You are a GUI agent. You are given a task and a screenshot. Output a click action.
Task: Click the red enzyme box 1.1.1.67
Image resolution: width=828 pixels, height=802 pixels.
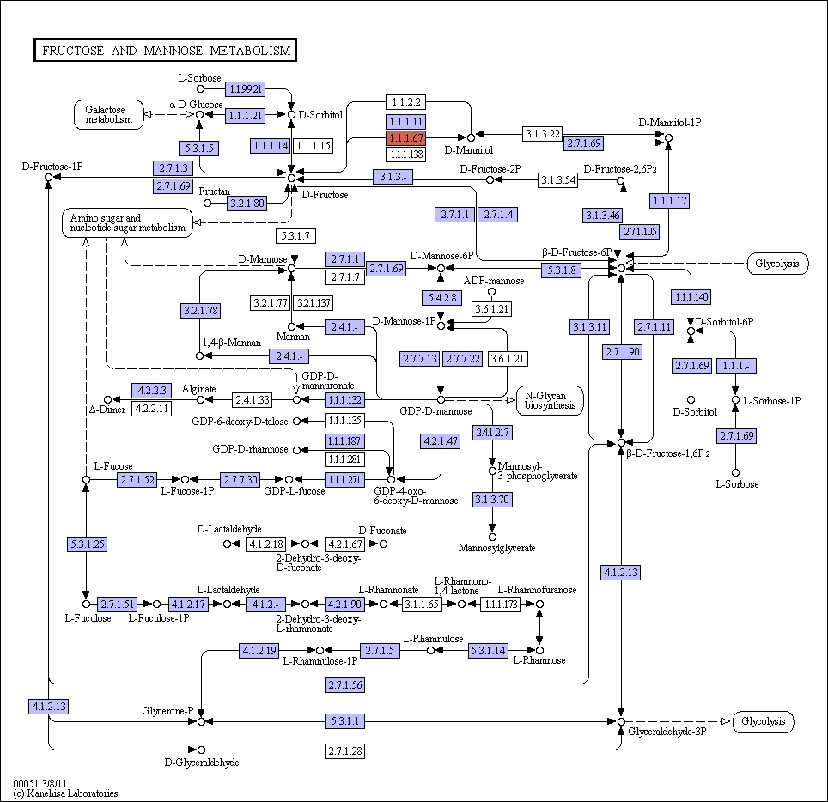point(405,138)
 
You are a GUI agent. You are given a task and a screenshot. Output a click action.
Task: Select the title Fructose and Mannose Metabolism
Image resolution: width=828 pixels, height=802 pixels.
point(165,50)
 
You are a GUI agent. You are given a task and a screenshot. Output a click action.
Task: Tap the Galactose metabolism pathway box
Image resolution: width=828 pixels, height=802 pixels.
point(109,114)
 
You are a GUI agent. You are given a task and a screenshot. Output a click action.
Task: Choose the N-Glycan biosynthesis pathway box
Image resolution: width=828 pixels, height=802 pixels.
point(550,401)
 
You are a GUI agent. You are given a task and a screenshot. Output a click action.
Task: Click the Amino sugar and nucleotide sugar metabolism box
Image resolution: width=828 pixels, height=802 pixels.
point(127,222)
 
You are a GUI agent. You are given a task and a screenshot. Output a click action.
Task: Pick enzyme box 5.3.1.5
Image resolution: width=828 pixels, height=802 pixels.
point(199,149)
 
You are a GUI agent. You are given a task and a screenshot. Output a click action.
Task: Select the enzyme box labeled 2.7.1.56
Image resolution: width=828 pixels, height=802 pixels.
point(344,685)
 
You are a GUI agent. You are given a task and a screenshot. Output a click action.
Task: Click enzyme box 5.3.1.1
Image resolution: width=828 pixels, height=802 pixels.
point(344,721)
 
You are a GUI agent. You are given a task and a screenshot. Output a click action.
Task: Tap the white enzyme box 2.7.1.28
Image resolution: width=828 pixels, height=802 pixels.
point(344,750)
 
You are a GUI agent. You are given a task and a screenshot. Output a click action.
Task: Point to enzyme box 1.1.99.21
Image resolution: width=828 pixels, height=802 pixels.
point(246,89)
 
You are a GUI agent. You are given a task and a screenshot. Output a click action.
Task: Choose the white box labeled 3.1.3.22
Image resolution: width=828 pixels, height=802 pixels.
point(542,134)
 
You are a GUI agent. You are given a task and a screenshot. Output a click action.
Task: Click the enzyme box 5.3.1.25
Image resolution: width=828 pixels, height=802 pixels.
point(87,544)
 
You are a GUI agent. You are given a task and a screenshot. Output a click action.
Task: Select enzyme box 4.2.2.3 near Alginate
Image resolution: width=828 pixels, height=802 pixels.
point(151,391)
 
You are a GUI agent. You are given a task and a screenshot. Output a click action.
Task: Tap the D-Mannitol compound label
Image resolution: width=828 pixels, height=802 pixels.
point(468,150)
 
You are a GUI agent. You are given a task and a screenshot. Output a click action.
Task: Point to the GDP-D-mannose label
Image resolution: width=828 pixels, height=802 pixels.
point(435,411)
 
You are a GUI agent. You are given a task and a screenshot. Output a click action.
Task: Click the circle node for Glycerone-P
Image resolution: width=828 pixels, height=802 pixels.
point(201,721)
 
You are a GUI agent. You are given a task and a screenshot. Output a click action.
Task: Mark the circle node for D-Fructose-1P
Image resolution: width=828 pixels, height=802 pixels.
point(49,178)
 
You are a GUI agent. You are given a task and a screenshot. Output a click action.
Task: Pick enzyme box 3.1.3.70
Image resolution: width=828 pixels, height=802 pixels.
point(492,500)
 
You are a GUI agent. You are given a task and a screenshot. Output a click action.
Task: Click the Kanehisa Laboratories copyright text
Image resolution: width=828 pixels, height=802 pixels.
point(65,793)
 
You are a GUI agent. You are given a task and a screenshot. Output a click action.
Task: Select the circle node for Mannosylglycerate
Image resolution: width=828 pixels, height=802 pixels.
point(492,537)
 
